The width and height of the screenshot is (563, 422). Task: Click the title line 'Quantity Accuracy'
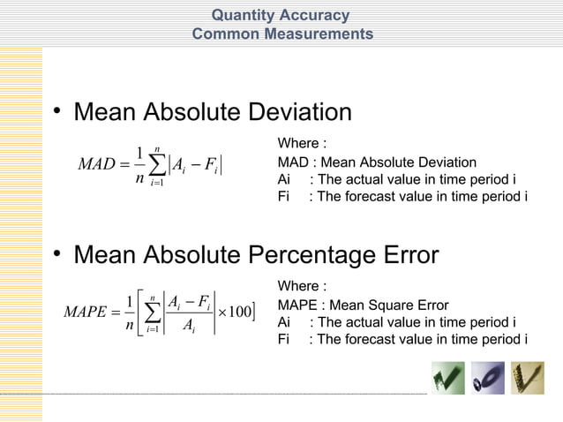tap(281, 15)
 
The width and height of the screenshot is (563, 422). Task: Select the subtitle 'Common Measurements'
tap(282, 34)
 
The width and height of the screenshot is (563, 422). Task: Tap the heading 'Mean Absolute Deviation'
tap(213, 113)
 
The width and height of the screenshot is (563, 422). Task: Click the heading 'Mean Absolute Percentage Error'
tap(256, 256)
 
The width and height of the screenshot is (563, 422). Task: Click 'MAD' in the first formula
tap(98, 164)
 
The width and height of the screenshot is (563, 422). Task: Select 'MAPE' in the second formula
tap(90, 312)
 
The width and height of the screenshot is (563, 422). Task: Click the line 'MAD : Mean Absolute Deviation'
tap(377, 162)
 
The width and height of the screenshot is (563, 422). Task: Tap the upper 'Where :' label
tap(303, 144)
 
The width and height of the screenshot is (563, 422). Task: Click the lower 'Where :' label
tap(303, 287)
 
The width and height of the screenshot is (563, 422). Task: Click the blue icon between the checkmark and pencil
tap(488, 378)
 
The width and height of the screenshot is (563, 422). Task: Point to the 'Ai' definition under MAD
tap(397, 179)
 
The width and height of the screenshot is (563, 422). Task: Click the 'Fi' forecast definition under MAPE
tap(402, 339)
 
